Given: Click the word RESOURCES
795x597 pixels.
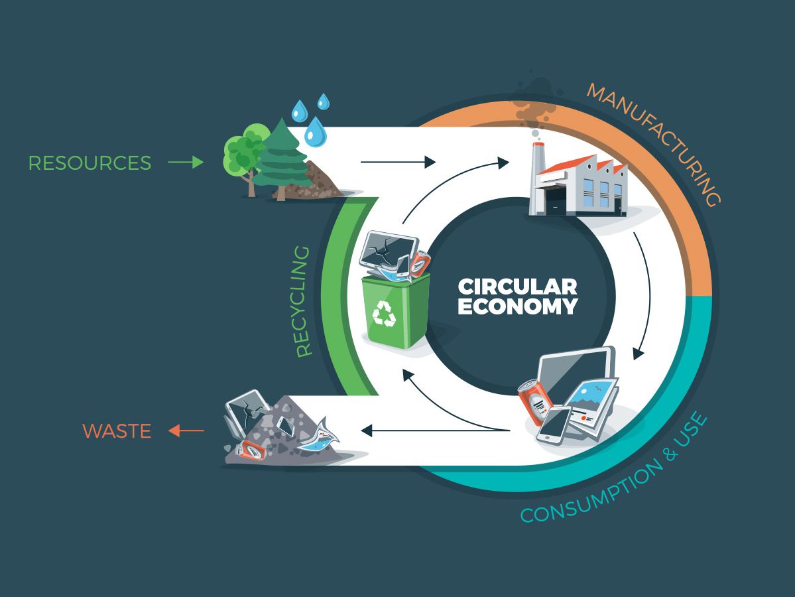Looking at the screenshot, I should (x=90, y=163).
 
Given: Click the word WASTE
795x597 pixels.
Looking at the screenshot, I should (x=117, y=431).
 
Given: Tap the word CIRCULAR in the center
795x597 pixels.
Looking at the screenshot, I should (x=517, y=287).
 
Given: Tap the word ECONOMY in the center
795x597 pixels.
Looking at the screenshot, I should (x=517, y=307).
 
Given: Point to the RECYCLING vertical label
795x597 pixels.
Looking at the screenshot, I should (x=304, y=302).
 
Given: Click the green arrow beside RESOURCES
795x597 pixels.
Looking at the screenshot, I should (x=186, y=163).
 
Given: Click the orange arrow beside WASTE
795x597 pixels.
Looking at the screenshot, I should (x=186, y=431).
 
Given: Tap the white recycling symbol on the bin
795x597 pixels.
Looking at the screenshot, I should (x=384, y=313).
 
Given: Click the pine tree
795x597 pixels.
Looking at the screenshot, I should (x=282, y=159).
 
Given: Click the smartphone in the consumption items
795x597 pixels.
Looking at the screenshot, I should (x=553, y=425).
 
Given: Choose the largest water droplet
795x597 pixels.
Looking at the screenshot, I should (x=316, y=131).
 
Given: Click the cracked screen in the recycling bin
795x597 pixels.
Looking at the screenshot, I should (x=389, y=249).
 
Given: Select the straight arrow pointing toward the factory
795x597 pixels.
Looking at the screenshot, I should (x=398, y=161).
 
